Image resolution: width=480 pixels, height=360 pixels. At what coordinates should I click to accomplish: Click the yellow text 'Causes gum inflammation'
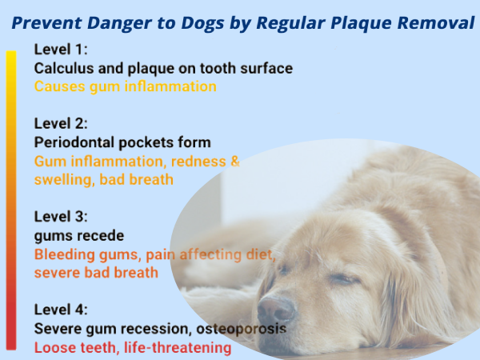[x=126, y=86]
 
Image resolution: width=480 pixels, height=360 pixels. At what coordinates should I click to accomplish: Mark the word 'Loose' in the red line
[x=54, y=348]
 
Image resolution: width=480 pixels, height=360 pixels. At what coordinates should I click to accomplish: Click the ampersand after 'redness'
[x=235, y=161]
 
